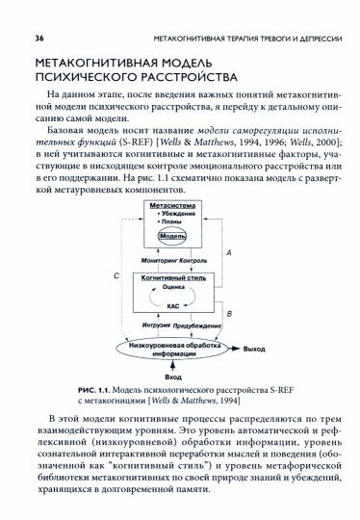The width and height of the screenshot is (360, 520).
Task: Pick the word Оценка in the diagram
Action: (x=173, y=287)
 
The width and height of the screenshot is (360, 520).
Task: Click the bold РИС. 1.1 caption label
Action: (x=96, y=387)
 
